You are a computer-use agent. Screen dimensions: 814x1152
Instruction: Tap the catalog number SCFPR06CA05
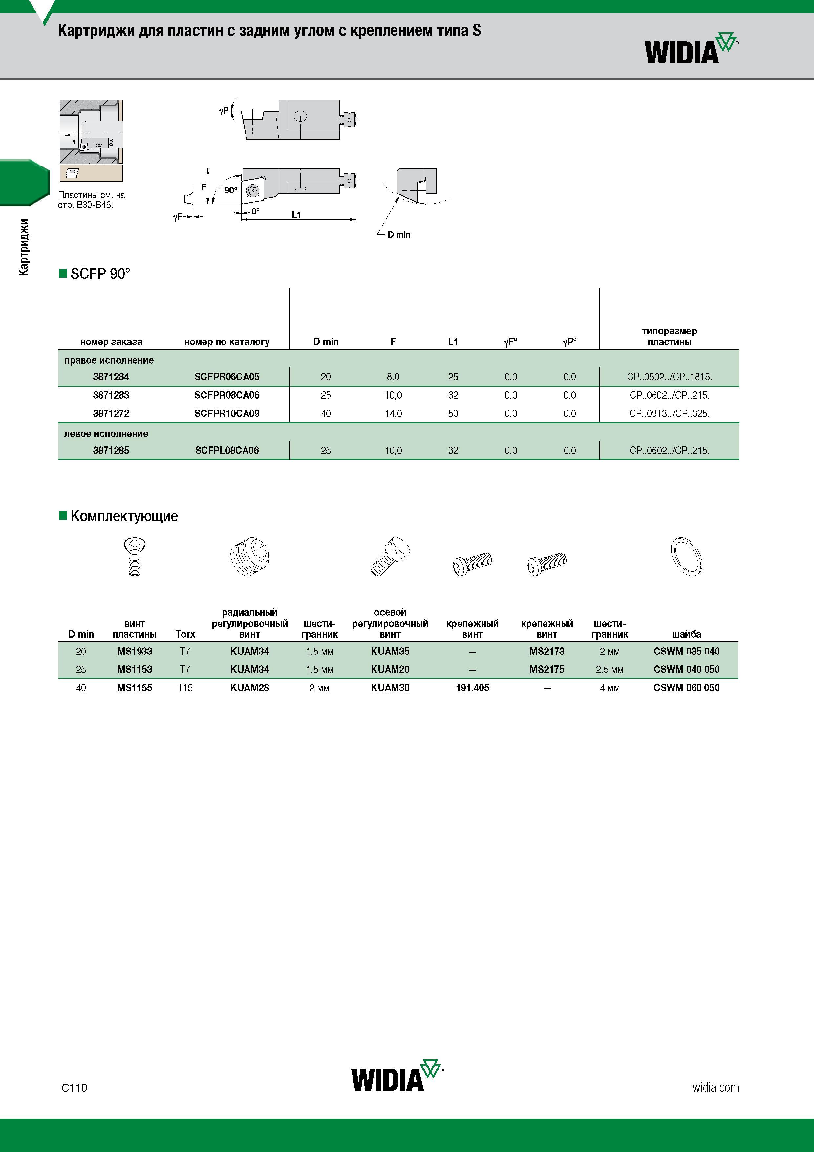[227, 377]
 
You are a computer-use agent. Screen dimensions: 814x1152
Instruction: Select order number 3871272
[111, 413]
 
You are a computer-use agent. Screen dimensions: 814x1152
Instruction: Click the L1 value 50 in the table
[453, 413]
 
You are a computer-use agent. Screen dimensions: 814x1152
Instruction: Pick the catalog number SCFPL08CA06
[227, 450]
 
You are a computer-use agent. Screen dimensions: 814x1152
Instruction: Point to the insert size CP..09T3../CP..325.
[669, 413]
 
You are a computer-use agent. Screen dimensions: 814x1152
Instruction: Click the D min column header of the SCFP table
[326, 342]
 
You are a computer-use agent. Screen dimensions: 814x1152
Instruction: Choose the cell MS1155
[135, 687]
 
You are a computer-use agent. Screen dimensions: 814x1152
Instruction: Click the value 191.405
[472, 687]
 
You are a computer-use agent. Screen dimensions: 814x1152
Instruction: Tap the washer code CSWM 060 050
[686, 687]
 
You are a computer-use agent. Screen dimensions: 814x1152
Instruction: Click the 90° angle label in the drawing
[230, 190]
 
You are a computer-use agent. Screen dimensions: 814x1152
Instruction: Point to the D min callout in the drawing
[399, 234]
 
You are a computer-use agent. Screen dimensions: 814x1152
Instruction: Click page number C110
[74, 1087]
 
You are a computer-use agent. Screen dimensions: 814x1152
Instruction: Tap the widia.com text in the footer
[715, 1087]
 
